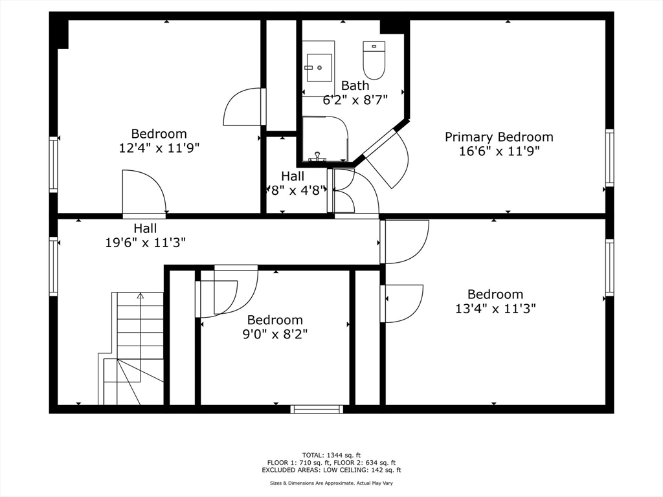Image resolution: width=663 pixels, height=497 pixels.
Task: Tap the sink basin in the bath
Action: point(319,67)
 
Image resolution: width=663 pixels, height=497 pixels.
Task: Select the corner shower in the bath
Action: point(325,138)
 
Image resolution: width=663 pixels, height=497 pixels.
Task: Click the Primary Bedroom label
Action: point(499,137)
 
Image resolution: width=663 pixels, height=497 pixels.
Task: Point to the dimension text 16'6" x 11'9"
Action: point(499,151)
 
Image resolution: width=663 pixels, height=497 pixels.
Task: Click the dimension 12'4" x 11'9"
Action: point(159,148)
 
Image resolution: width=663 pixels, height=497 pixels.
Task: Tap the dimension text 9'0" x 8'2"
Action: point(275,334)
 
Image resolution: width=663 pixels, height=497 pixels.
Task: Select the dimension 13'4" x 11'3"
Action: point(495,309)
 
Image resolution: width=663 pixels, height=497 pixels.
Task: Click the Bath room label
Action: point(355,85)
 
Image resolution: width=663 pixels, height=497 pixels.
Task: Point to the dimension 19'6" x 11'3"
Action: point(146,243)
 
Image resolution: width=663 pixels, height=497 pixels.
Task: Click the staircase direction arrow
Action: point(140,296)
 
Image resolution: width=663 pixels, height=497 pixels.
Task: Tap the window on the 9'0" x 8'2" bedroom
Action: point(317,409)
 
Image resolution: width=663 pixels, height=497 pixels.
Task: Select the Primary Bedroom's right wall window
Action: point(609,158)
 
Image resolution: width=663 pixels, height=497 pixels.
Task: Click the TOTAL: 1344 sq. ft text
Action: point(331,455)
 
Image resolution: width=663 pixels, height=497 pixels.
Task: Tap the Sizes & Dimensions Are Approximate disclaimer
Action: point(331,483)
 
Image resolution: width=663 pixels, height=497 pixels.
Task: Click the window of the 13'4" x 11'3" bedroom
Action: point(609,267)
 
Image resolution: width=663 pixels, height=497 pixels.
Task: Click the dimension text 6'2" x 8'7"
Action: point(355,100)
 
